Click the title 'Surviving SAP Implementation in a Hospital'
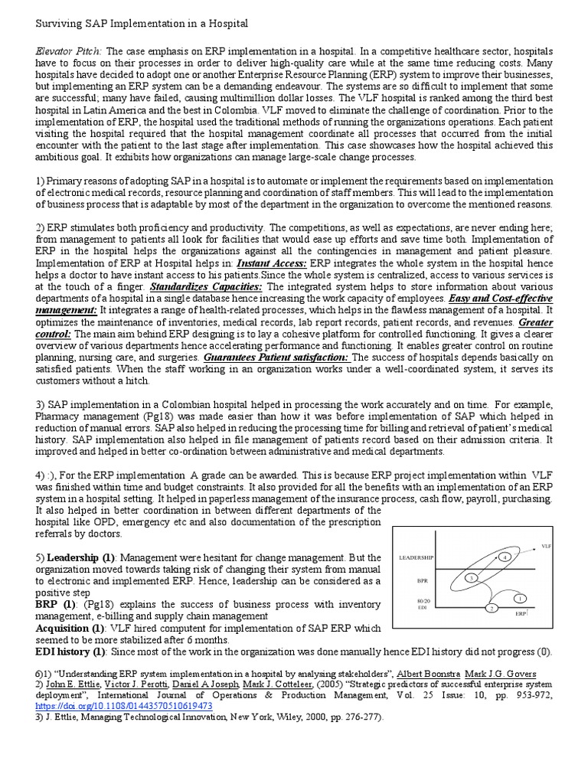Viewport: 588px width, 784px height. click(142, 24)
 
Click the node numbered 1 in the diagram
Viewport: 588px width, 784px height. click(520, 597)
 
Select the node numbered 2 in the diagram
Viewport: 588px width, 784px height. click(492, 608)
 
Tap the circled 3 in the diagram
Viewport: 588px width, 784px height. click(472, 576)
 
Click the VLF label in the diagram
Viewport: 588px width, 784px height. click(547, 546)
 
